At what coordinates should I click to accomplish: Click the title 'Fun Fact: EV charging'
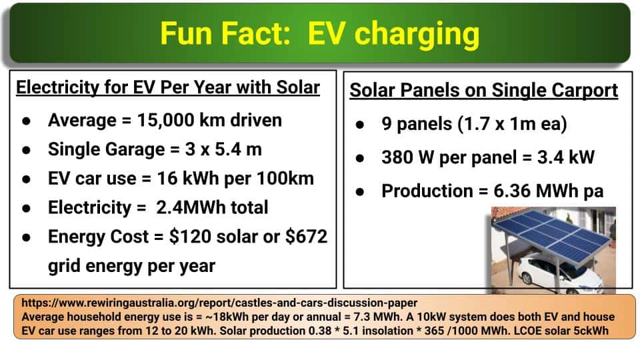pos(319,34)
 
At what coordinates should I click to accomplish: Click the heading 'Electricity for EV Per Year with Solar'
pos(168,87)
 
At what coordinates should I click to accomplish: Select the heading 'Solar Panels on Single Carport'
pos(484,90)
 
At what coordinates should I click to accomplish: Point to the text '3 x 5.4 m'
pos(223,149)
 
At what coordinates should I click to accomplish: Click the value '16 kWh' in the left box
pos(188,179)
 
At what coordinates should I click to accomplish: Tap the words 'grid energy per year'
pos(131,266)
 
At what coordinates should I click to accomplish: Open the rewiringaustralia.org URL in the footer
pos(219,303)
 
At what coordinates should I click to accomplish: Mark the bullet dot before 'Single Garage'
pos(27,150)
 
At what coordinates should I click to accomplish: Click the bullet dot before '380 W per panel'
pos(359,158)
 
